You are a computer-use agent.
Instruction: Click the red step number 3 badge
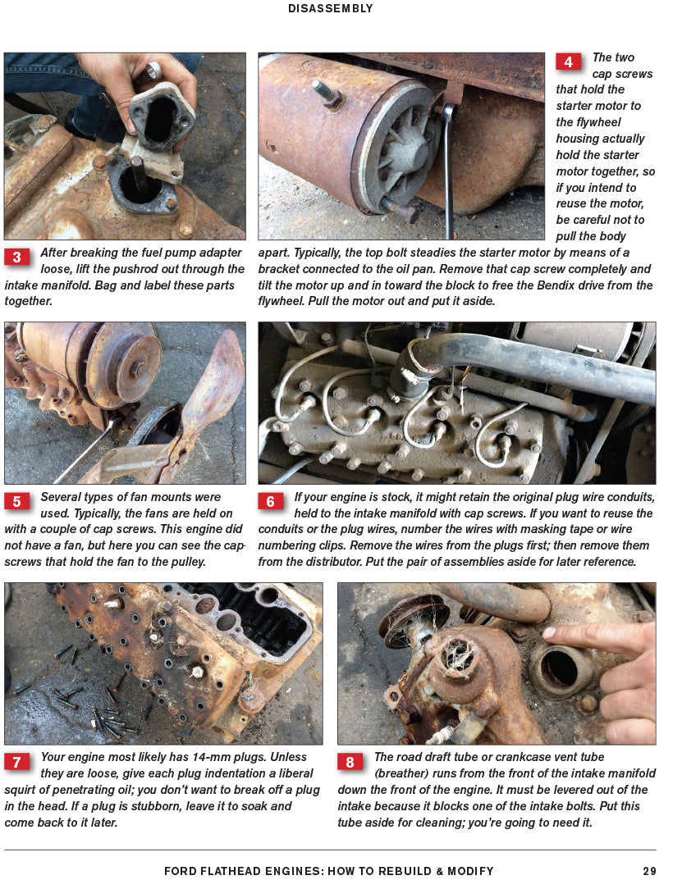[16, 258]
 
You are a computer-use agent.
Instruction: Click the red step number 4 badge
[568, 62]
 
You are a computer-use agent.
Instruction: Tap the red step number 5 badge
[16, 501]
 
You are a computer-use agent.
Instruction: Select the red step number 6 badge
[271, 501]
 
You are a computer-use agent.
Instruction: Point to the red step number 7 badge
[16, 762]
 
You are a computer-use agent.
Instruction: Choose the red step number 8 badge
[350, 762]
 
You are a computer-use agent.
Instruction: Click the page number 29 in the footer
[649, 871]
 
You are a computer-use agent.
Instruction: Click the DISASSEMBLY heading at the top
[331, 9]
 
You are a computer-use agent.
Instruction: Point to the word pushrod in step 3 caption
[155, 269]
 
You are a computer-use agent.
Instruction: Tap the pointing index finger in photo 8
[591, 635]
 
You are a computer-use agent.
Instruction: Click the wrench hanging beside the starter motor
[448, 172]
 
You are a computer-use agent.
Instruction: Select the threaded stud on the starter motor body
[326, 93]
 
